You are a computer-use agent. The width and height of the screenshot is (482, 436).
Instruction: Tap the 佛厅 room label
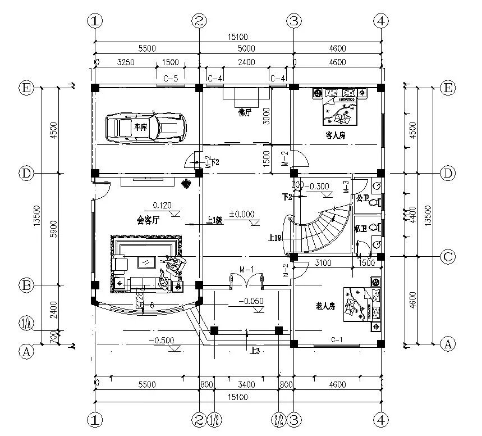click(246, 113)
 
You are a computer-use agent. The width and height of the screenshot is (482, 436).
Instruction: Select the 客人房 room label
click(335, 135)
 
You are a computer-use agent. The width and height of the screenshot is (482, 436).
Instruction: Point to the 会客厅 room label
click(149, 220)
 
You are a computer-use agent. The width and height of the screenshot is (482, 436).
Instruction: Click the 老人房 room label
click(325, 306)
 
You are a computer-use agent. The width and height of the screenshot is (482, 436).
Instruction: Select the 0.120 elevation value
click(162, 205)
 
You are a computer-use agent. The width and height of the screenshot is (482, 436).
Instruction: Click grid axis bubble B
click(26, 285)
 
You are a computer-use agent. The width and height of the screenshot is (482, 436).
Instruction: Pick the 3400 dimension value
click(246, 385)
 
